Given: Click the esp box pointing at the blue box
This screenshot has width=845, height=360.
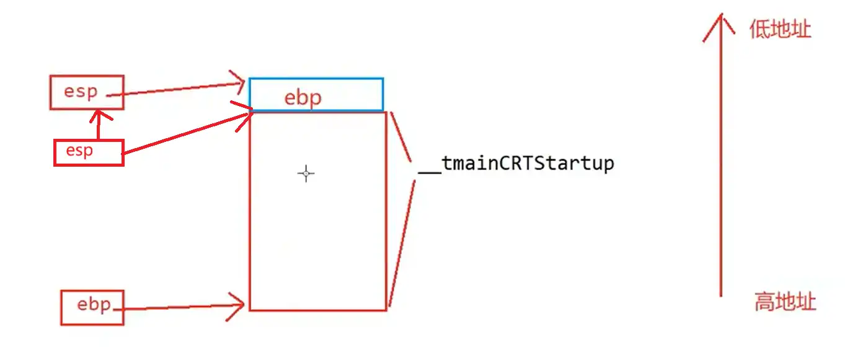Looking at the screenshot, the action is pos(87,92).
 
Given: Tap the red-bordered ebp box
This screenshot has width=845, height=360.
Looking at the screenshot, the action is pos(92,307).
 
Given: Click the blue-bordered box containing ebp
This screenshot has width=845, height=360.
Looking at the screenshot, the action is pos(316,95).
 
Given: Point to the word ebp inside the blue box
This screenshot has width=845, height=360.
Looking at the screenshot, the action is pos(303,98).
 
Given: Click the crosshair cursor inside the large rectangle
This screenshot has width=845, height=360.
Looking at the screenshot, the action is pos(306,173).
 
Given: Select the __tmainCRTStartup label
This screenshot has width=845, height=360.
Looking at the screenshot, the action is pos(516,164).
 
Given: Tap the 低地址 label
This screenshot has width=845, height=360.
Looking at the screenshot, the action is pos(780,29).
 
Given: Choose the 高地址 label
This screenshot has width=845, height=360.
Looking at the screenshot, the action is pos(785,302).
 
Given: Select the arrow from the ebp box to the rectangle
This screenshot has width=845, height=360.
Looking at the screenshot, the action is pos(180,307).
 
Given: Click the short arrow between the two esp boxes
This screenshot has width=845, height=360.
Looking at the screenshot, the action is pos(98,124).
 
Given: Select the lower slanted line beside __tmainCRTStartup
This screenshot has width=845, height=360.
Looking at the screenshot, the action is pos(402,242).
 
